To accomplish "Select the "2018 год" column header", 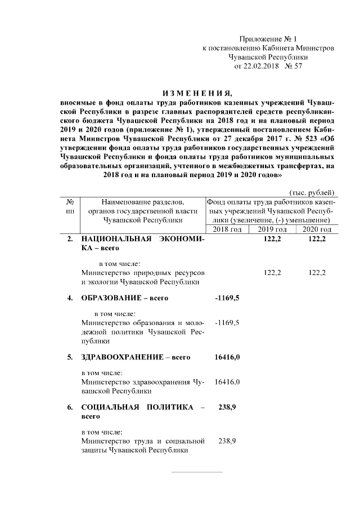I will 228,229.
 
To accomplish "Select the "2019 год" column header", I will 272,229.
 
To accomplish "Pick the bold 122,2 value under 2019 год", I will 272,239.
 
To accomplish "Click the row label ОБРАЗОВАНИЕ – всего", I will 125,298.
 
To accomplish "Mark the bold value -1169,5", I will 227,298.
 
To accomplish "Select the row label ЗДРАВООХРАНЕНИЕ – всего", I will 136,357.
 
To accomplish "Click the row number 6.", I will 70,407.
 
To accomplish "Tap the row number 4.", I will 70,298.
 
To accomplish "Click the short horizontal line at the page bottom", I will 196,472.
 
